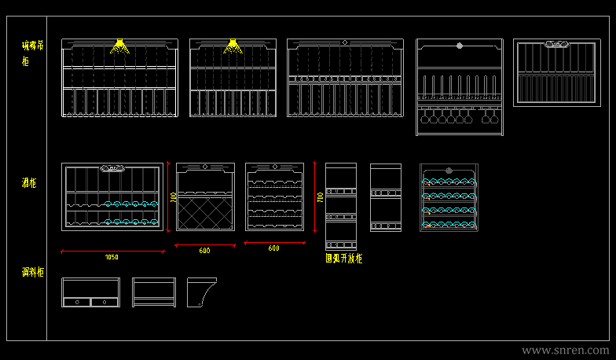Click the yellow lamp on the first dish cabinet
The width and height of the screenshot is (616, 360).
tap(119, 46)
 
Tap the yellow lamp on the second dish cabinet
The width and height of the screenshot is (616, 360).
tap(233, 46)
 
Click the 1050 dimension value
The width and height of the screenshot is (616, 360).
tap(112, 257)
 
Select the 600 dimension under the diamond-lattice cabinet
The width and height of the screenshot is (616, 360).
tap(204, 251)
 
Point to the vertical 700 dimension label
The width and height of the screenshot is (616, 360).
tap(320, 198)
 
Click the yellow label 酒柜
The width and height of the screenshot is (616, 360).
tap(29, 183)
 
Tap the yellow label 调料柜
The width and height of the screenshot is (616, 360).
tap(32, 273)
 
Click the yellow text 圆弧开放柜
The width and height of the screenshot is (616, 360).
tap(343, 258)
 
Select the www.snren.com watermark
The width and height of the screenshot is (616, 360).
tap(566, 350)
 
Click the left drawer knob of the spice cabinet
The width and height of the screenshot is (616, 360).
tap(77, 301)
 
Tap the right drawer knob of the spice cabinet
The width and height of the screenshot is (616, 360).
tap(104, 301)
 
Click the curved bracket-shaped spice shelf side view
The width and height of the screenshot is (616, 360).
tap(202, 292)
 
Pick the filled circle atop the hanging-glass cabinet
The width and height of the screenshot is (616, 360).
tap(460, 45)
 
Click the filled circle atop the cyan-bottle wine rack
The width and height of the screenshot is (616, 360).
tap(449, 170)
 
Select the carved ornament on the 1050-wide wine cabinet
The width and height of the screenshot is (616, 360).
tap(112, 167)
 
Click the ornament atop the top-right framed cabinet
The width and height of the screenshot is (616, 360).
tap(557, 45)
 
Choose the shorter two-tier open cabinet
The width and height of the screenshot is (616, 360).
tap(386, 197)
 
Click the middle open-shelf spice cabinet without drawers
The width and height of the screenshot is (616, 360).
tap(154, 292)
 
